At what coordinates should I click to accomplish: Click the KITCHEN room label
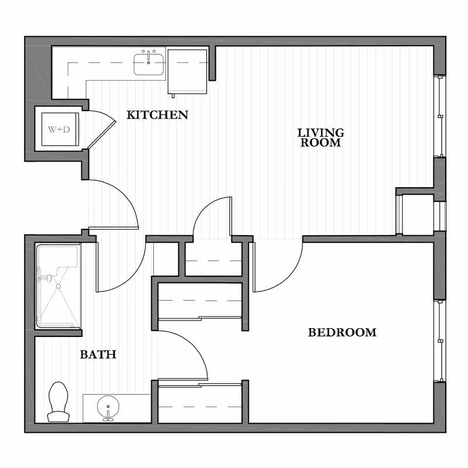click(x=157, y=115)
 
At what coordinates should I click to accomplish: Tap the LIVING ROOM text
click(x=320, y=137)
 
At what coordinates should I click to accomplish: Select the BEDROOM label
click(x=342, y=333)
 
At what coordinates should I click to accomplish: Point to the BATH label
click(x=98, y=354)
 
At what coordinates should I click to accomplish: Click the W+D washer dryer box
click(x=58, y=129)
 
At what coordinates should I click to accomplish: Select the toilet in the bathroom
click(x=57, y=402)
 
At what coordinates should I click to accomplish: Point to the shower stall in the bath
click(x=57, y=287)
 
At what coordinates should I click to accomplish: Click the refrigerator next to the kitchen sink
click(x=188, y=71)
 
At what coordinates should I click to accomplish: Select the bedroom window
click(x=439, y=339)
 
